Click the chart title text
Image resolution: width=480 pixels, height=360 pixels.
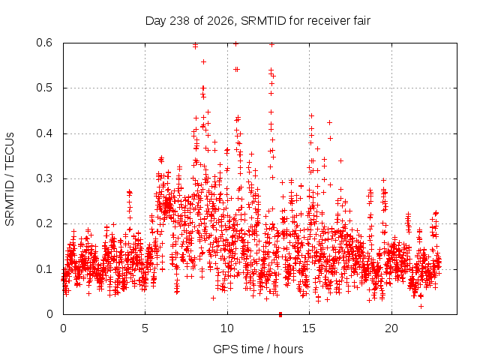258,21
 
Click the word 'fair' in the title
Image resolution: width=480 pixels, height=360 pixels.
362,20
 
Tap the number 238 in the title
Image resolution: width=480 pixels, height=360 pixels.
180,21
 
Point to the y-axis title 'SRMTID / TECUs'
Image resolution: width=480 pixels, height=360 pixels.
10,179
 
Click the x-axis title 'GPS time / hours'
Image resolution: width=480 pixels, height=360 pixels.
258,349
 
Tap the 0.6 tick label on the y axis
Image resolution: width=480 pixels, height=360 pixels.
44,43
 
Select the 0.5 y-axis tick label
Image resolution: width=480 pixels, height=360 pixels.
44,88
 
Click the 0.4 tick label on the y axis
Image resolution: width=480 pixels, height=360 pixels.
44,133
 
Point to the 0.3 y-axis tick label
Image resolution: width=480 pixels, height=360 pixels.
44,178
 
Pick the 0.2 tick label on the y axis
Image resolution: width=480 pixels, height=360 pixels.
44,223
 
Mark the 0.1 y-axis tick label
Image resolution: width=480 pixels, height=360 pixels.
44,269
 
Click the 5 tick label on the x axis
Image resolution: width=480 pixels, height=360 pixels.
145,328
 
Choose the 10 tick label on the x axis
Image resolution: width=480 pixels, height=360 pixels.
227,328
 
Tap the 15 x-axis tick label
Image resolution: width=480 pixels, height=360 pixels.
309,328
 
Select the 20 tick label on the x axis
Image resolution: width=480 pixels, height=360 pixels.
391,328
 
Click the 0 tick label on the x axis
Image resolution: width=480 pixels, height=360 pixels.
63,328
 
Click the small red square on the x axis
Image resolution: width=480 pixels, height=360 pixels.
280,314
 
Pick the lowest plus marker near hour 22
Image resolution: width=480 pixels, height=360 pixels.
421,306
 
